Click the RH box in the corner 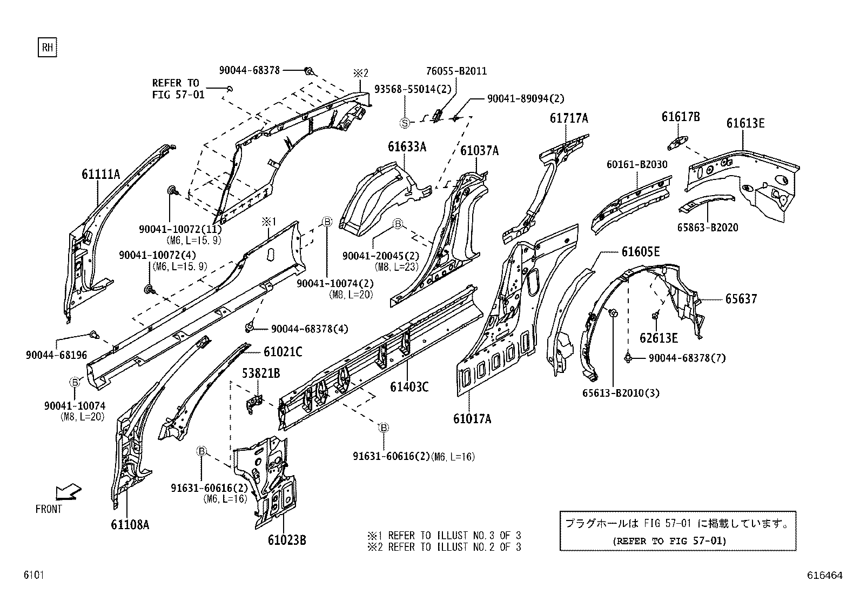[47, 47]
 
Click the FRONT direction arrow [69, 492]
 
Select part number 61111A [101, 175]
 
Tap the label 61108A [130, 524]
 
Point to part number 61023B [287, 540]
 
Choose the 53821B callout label [261, 373]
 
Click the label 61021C [283, 351]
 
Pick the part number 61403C [409, 387]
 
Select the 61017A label [472, 418]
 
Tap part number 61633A [407, 147]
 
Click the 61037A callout [480, 151]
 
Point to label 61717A [569, 118]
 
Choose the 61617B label [681, 116]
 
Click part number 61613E [745, 123]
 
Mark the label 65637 [741, 299]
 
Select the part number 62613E [659, 338]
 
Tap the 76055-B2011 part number [456, 71]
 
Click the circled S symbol [405, 123]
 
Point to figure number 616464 [825, 575]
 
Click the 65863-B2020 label [708, 228]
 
